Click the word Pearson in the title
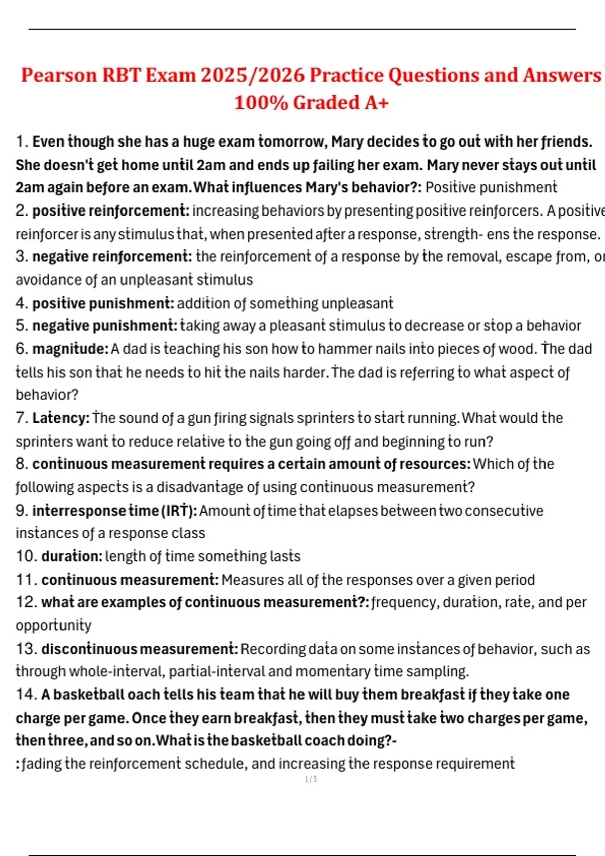point(58,76)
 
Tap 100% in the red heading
point(261,103)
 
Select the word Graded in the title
point(326,103)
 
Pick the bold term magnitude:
point(71,349)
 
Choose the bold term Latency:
point(61,418)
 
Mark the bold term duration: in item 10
point(72,556)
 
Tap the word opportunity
point(53,626)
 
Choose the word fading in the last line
point(41,764)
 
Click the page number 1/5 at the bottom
point(311,779)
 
